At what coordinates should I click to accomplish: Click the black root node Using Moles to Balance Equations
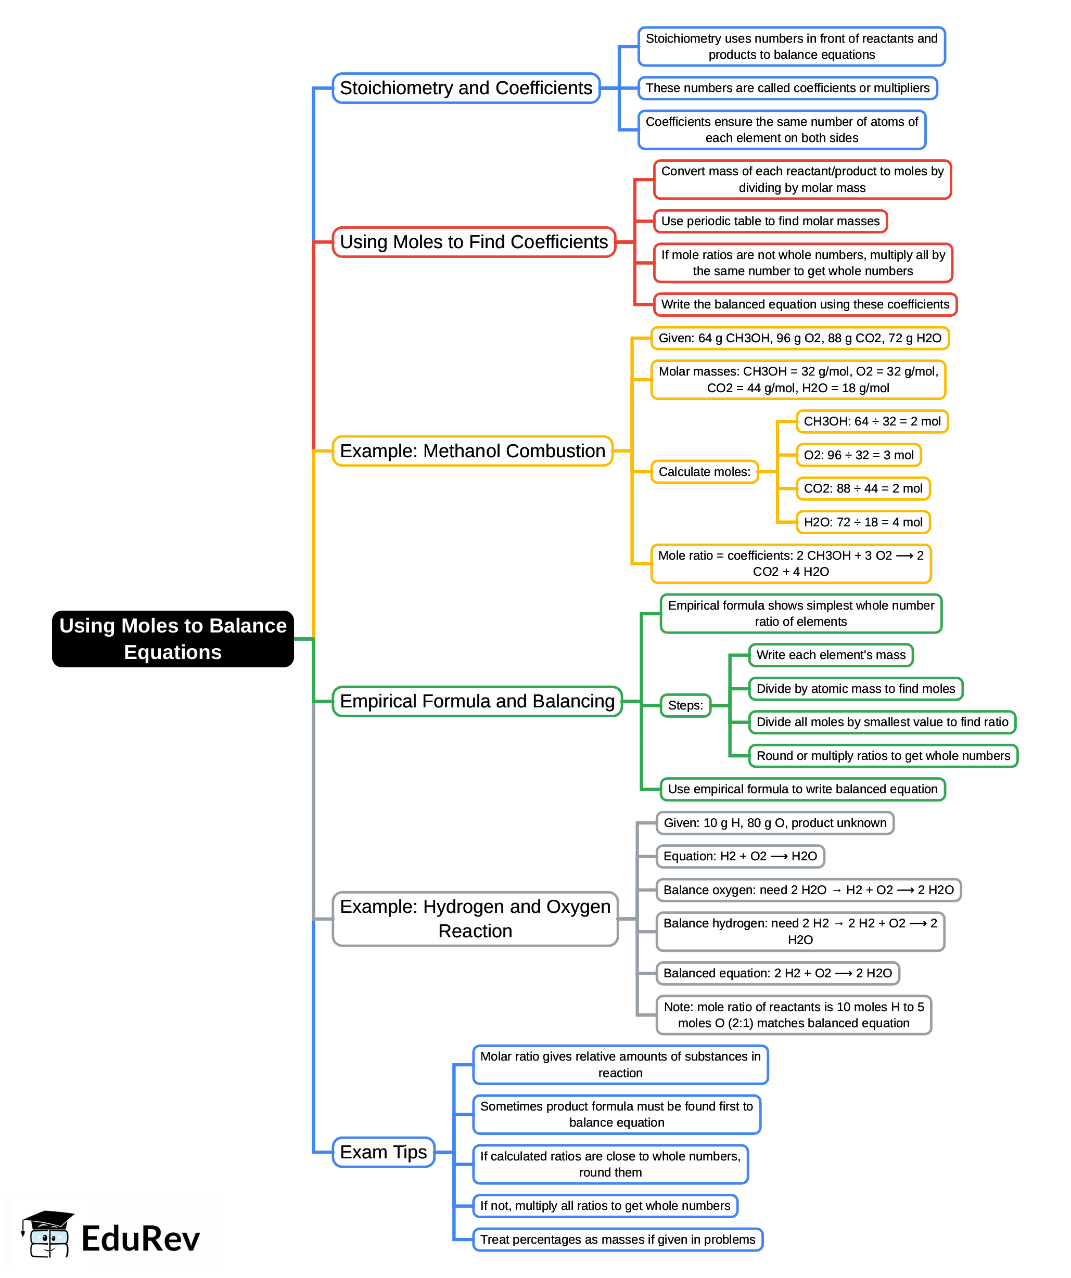tap(172, 638)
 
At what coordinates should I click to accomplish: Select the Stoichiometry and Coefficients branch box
tap(466, 88)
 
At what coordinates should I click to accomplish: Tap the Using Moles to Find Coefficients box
tap(474, 242)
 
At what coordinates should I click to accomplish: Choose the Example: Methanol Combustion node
tap(472, 451)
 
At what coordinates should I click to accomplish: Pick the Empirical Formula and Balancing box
tap(477, 701)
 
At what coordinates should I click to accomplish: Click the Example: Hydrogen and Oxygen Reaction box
tap(475, 919)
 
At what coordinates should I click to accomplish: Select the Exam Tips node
tap(383, 1152)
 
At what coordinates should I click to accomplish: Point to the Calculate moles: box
tap(704, 472)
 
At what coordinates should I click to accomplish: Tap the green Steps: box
tap(685, 705)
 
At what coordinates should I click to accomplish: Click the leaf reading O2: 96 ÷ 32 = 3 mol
tap(858, 455)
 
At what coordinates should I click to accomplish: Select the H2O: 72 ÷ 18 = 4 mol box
tap(863, 522)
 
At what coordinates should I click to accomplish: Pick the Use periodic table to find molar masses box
tap(770, 221)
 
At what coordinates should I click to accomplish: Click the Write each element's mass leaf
tap(831, 655)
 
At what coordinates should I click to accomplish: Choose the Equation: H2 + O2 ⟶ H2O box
tap(740, 856)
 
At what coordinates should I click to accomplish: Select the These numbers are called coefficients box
tap(787, 88)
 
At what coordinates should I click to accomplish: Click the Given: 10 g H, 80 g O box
tap(774, 823)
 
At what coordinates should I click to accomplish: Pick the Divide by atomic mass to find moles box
tap(855, 688)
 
